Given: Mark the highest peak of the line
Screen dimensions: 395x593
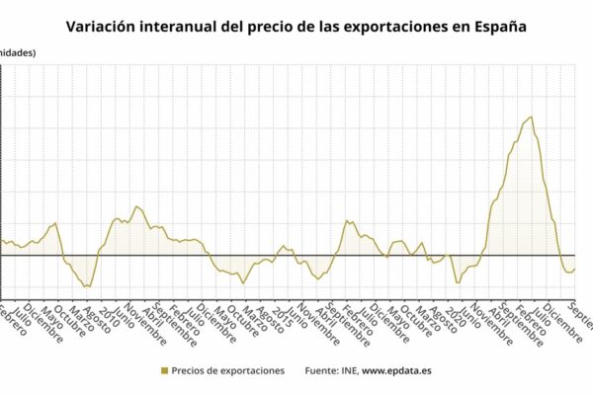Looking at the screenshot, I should click(x=531, y=117).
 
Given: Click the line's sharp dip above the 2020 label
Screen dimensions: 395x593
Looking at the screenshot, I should click(x=457, y=283).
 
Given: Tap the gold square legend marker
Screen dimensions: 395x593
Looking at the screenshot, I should click(x=163, y=371).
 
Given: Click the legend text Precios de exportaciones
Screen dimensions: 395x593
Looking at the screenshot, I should click(x=227, y=371).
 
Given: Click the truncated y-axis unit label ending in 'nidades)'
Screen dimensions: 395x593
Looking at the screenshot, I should click(x=18, y=52).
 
